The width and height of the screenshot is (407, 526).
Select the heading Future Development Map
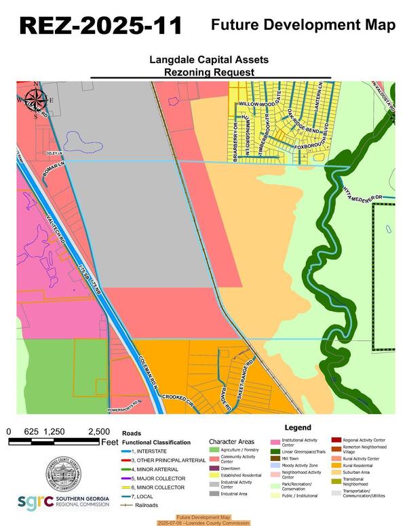point(303,26)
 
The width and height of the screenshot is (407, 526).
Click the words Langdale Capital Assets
point(208,60)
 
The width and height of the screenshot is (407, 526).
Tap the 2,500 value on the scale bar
point(98,431)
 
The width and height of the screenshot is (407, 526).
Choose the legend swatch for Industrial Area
point(214,494)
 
